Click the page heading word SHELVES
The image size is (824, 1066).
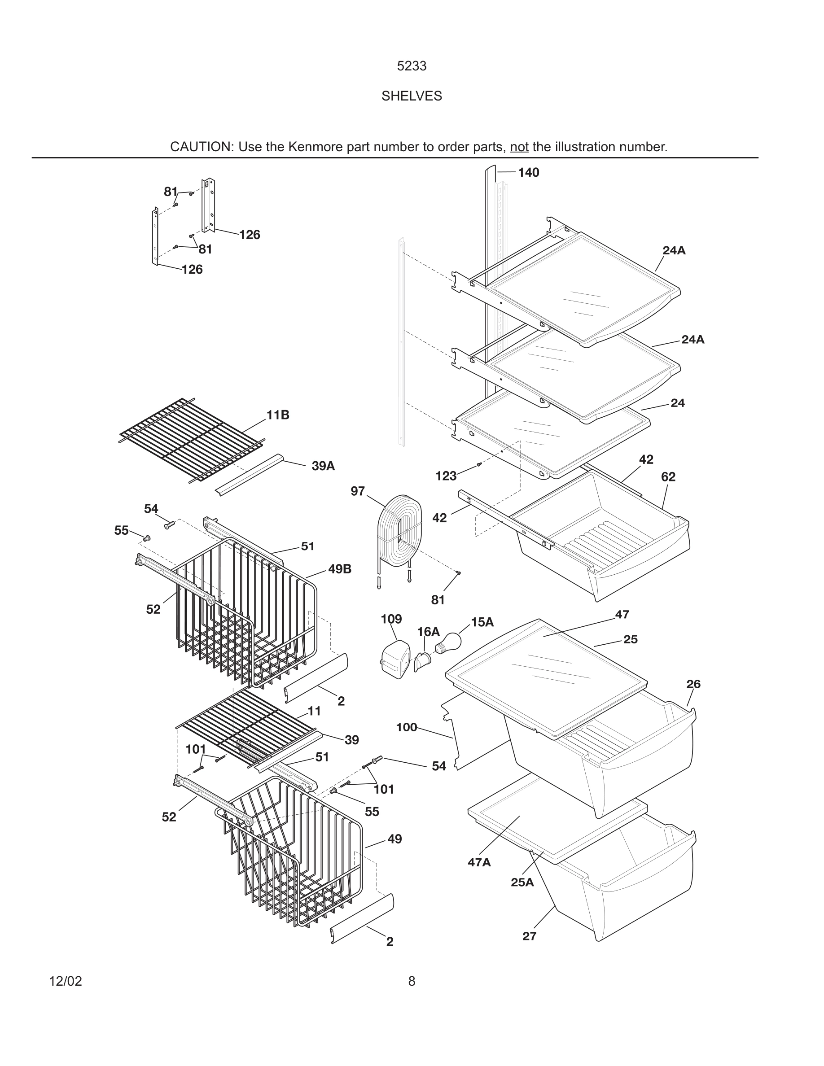(412, 96)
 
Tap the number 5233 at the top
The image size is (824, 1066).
(412, 66)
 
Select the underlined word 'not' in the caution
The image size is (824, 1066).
(519, 147)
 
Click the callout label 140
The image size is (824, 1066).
(528, 172)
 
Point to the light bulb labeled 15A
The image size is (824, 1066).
(449, 643)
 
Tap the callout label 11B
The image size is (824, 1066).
(278, 415)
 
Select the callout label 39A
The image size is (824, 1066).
(323, 466)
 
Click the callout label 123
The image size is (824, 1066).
(446, 476)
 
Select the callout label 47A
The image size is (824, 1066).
(479, 862)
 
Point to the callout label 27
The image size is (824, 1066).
(529, 936)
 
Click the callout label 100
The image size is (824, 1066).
(406, 727)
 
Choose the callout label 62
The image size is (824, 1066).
(668, 477)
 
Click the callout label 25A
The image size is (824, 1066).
(522, 882)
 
